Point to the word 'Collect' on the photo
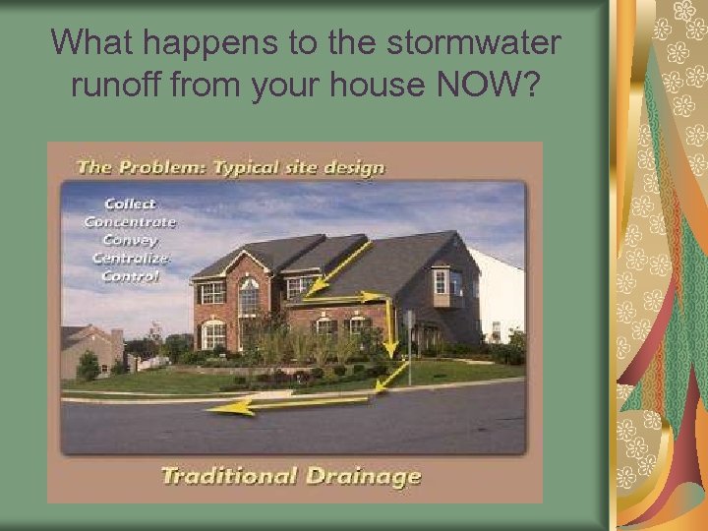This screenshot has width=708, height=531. tap(130, 205)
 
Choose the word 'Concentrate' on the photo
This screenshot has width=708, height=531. tap(130, 222)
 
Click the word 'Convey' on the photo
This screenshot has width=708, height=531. tap(130, 240)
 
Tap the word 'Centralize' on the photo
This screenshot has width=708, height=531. tap(130, 258)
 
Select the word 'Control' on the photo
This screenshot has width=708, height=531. tap(130, 275)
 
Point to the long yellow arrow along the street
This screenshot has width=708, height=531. tap(295, 402)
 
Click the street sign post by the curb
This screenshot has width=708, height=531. tap(408, 339)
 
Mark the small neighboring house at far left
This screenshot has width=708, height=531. tap(88, 349)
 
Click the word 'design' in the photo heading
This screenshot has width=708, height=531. tap(355, 166)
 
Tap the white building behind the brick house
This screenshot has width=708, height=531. tap(498, 295)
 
